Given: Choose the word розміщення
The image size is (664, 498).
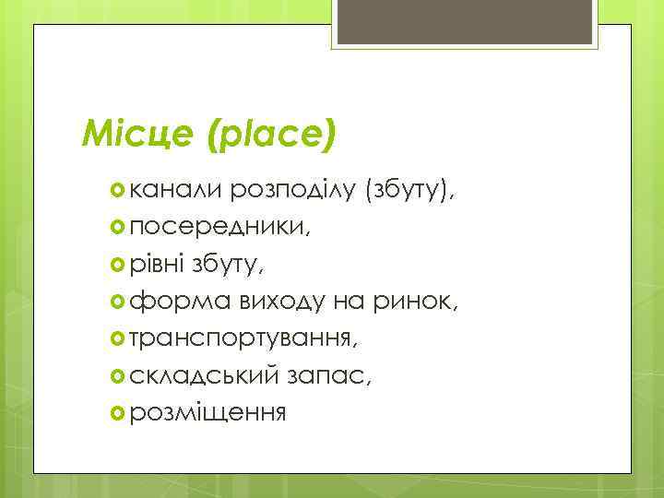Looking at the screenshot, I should click(x=207, y=412).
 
